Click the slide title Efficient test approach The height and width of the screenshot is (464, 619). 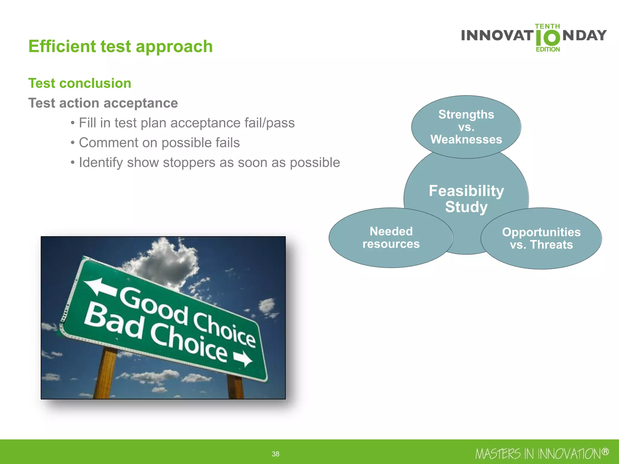120,47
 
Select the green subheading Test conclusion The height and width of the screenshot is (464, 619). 80,83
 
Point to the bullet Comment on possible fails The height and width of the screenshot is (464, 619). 159,143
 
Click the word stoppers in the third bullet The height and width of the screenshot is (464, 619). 189,163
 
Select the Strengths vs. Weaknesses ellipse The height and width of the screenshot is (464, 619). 466,127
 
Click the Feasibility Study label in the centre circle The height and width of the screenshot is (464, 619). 466,199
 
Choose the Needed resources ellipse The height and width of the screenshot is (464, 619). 391,238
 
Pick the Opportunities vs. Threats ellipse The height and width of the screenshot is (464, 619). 541,238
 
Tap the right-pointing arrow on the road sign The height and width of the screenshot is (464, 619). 243,359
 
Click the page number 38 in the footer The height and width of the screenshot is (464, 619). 275,454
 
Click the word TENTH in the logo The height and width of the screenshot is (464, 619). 547,27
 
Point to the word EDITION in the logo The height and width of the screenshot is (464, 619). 548,49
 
